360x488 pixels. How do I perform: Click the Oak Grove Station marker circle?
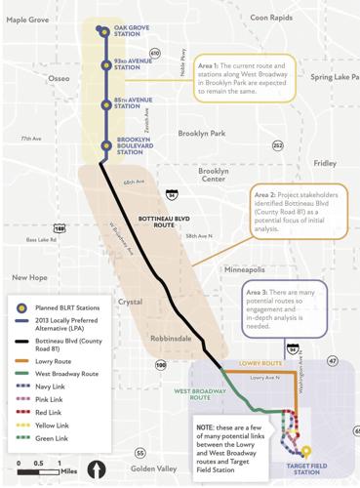[x=103, y=30]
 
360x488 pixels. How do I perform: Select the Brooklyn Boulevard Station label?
[x=134, y=146]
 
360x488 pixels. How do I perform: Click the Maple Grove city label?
[x=27, y=19]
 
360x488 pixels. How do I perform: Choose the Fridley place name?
[x=324, y=163]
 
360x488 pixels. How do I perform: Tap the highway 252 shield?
[x=277, y=145]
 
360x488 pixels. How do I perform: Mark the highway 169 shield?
[x=60, y=228]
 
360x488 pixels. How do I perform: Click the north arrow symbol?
[x=98, y=469]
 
